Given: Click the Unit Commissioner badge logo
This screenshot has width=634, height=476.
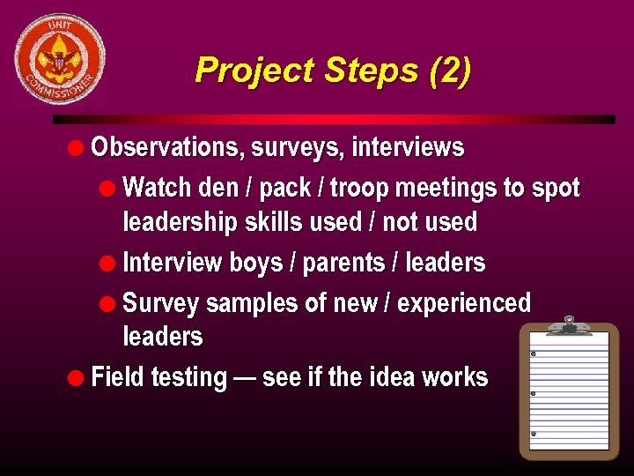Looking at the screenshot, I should point(60,58).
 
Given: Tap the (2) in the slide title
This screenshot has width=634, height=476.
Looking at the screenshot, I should point(450,71).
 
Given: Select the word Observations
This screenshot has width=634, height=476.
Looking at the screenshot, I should point(166,147).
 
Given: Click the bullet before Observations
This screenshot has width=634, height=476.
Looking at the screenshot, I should point(78,147).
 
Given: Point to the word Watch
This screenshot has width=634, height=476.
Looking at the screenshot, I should point(158,188).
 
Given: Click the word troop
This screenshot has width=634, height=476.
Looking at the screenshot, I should point(361,188).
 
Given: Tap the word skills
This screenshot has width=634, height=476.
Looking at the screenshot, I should point(271,222).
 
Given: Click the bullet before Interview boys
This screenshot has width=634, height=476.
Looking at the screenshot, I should point(110,263).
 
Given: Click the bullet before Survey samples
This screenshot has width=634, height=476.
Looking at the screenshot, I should point(110,303).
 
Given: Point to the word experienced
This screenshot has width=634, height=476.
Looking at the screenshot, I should point(464,303).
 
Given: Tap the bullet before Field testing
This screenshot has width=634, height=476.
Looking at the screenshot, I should point(78,377).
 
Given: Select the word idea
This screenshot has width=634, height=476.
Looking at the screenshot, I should point(387,377).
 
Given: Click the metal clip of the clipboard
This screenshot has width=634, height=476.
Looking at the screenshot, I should point(569,325).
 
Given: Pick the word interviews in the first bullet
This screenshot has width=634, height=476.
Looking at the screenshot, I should point(408,147).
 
